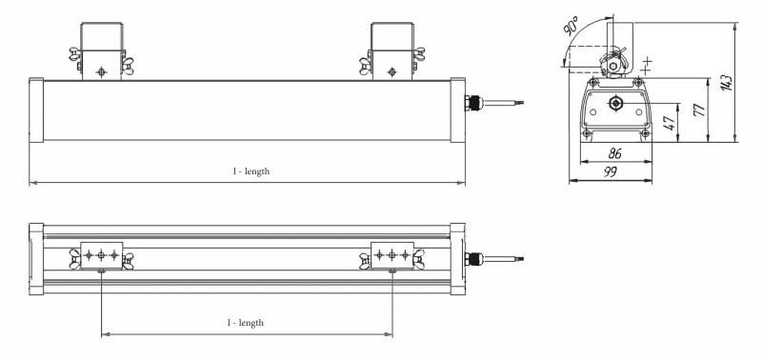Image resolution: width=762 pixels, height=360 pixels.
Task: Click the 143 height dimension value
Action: click(727, 83)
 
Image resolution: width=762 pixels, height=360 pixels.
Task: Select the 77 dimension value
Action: click(699, 110)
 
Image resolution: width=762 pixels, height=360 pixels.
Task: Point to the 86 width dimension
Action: click(615, 153)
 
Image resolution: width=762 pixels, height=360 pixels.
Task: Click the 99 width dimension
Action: click(611, 171)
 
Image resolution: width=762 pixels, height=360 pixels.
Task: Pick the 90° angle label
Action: click(571, 26)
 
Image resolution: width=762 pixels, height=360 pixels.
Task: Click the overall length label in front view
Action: click(251, 171)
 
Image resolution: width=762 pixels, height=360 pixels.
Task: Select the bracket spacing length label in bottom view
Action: click(246, 323)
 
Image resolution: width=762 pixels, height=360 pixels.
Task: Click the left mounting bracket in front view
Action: click(101, 51)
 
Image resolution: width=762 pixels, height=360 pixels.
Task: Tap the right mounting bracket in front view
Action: click(392, 51)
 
